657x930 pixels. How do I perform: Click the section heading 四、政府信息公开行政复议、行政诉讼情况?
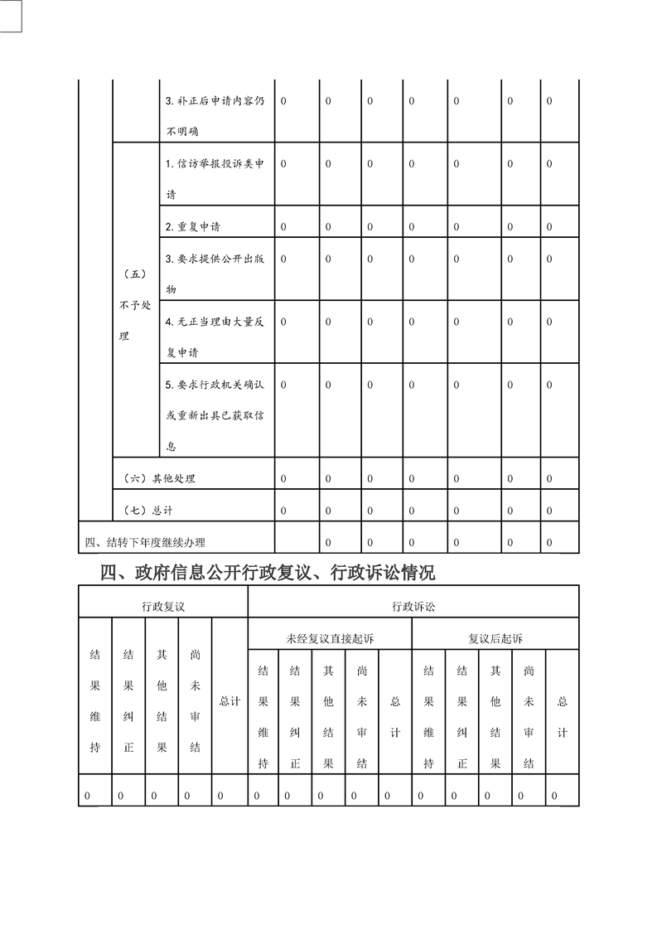267,572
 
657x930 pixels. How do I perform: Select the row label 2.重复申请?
193,226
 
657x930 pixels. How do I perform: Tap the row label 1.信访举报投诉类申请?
215,179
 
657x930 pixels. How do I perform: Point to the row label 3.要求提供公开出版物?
215,274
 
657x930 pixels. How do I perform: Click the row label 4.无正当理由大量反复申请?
215,337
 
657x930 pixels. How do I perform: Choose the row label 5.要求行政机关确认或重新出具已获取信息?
215,415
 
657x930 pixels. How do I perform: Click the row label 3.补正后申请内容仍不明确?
215,116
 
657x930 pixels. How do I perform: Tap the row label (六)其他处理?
159,478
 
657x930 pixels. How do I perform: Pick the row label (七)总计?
147,510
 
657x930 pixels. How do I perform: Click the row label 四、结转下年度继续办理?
146,543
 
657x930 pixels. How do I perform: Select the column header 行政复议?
163,607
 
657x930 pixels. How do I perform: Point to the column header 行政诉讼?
413,607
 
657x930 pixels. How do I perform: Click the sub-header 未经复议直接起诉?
330,639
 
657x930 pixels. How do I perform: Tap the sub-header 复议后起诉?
495,639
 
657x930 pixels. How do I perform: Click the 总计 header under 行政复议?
229,701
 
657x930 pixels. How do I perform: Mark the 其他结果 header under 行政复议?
162,700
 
